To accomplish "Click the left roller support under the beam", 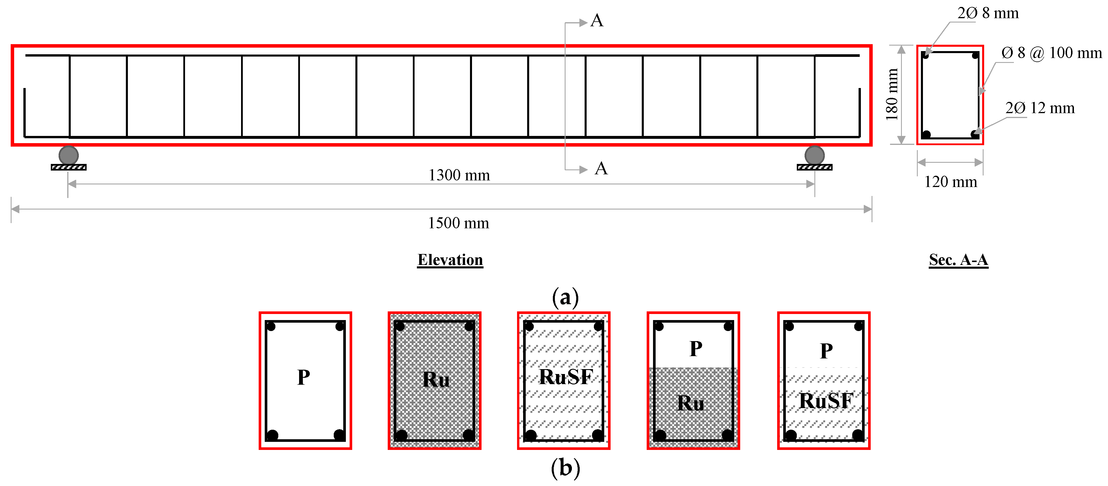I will (68, 155).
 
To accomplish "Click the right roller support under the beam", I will (814, 155).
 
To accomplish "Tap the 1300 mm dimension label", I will (459, 175).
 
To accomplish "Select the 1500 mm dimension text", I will (458, 223).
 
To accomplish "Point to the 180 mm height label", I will (892, 95).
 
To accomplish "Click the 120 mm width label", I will (951, 182).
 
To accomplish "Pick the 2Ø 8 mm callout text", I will (988, 13).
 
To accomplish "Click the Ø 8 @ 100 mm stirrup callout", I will (1051, 53).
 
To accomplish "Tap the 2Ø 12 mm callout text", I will (1040, 108).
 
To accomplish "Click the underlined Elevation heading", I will (450, 260).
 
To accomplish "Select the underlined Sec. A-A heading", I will (958, 260).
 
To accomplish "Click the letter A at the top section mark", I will (597, 21).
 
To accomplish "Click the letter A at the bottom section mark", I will (601, 168).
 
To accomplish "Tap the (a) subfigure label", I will (565, 298).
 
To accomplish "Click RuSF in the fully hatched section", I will (566, 377).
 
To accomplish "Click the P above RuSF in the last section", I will (826, 351).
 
